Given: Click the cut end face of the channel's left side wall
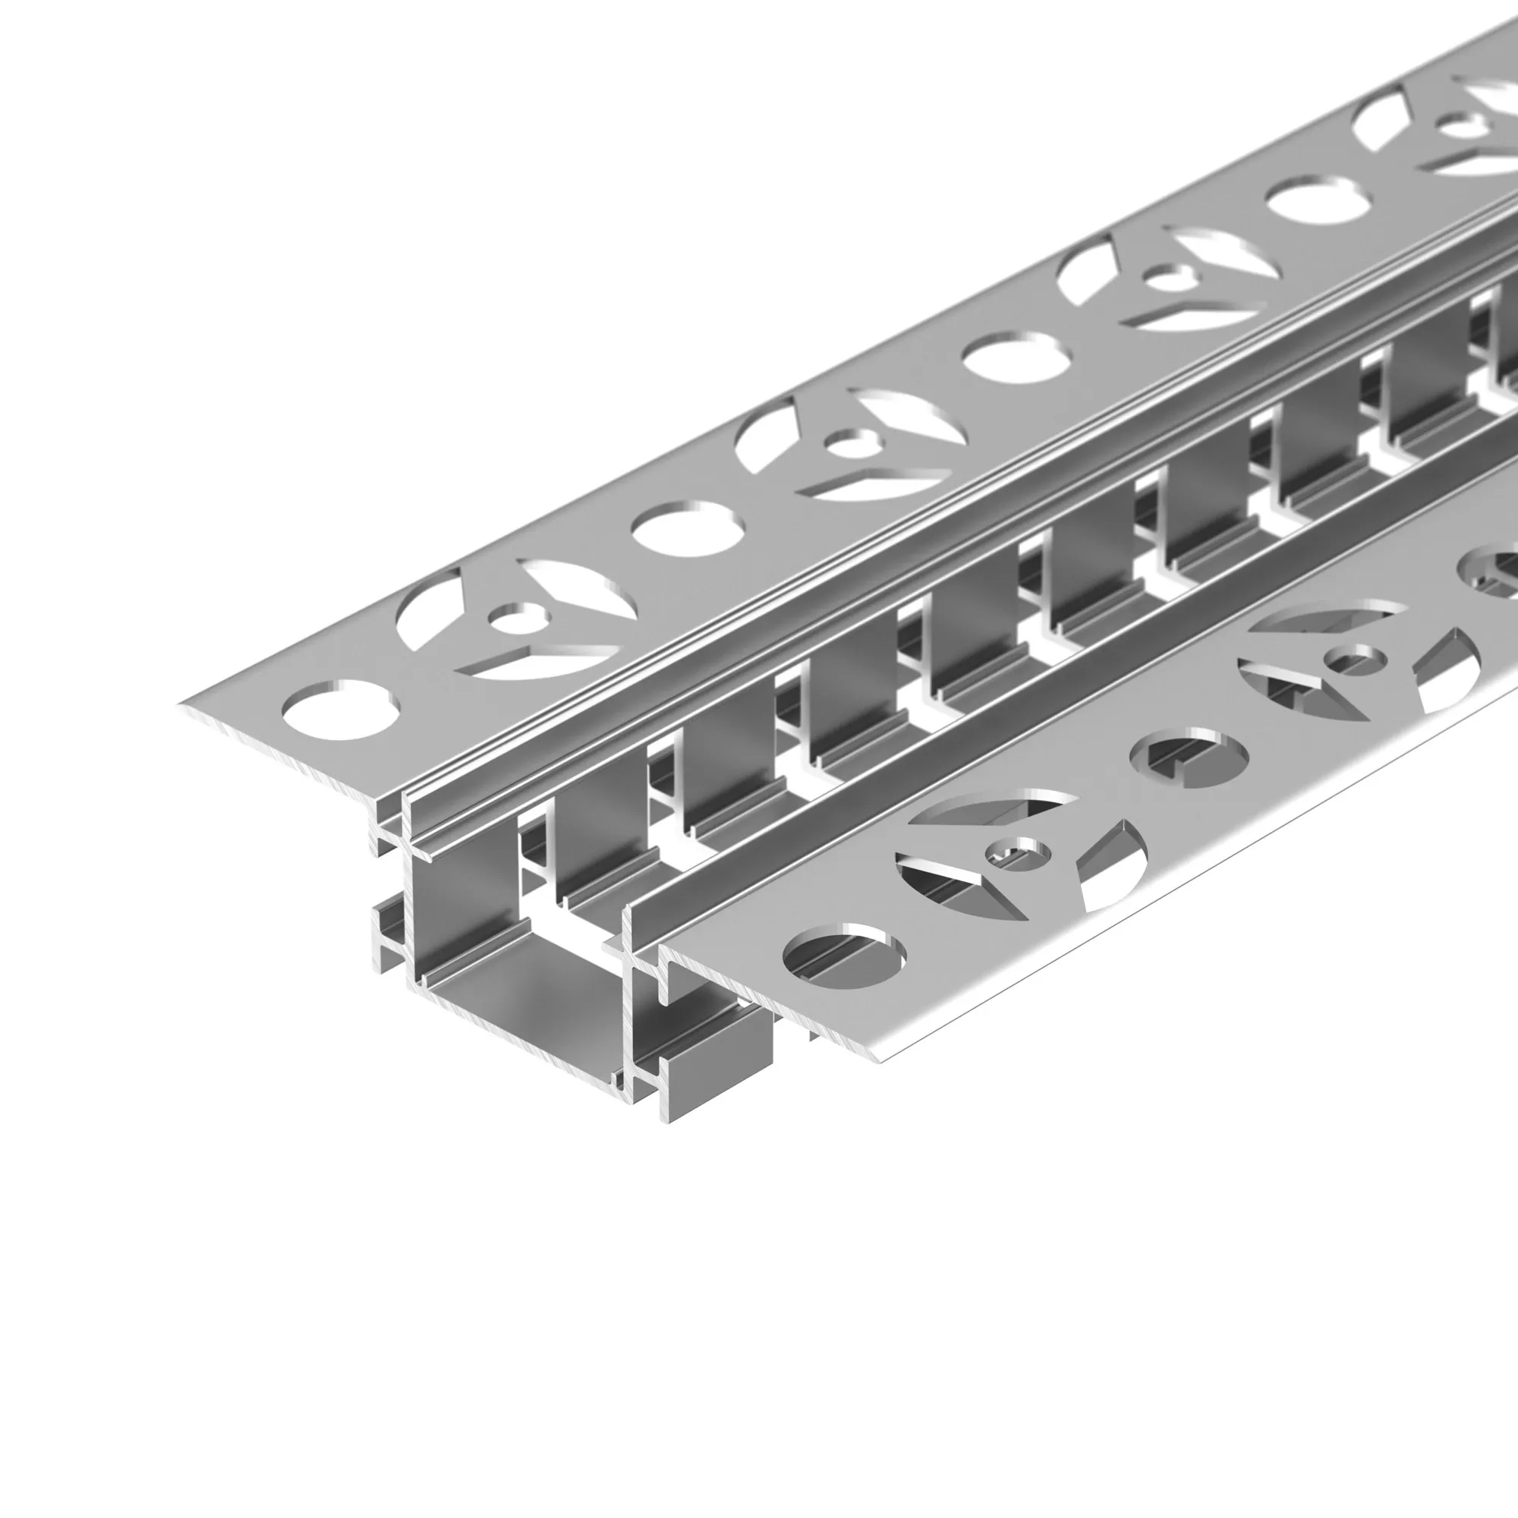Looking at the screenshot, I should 408,888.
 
